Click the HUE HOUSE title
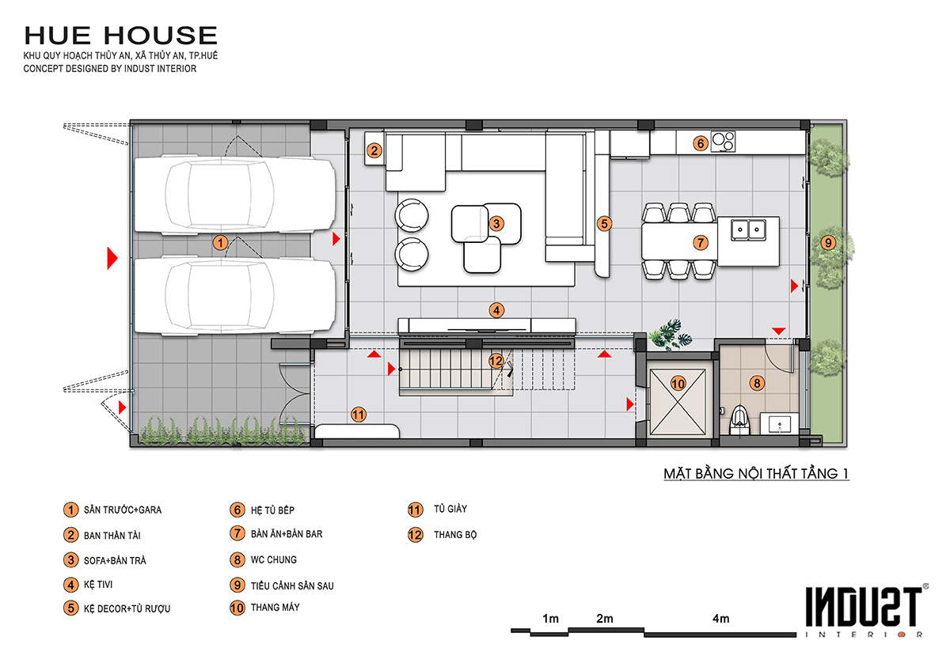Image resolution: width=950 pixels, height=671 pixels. click(x=121, y=35)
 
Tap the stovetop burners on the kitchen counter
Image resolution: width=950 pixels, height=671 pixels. click(x=723, y=142)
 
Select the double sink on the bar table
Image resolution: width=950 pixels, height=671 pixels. click(x=749, y=230)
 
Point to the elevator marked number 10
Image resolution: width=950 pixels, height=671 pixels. click(x=678, y=401)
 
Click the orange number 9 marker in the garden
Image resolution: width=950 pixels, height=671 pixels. click(x=828, y=243)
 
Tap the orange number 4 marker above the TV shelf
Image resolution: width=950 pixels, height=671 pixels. click(x=496, y=310)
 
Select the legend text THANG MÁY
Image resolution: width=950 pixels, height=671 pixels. click(x=275, y=608)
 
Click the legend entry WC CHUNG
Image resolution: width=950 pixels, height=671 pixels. click(x=274, y=559)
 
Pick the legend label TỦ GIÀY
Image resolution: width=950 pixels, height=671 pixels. click(x=450, y=509)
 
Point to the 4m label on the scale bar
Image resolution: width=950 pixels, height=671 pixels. click(x=720, y=619)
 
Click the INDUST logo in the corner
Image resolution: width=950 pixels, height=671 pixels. click(x=865, y=611)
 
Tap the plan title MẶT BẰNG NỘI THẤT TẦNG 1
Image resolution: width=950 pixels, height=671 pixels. click(x=756, y=473)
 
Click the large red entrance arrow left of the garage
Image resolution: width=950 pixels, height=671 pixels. click(x=112, y=258)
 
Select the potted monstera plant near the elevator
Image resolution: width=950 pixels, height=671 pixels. click(x=670, y=335)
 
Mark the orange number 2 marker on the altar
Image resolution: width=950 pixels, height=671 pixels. click(x=374, y=150)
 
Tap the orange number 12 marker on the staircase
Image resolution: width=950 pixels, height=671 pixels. click(x=496, y=361)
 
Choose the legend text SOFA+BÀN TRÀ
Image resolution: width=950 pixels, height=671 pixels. click(x=115, y=560)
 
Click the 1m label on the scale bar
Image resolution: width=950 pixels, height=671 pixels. click(x=550, y=619)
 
